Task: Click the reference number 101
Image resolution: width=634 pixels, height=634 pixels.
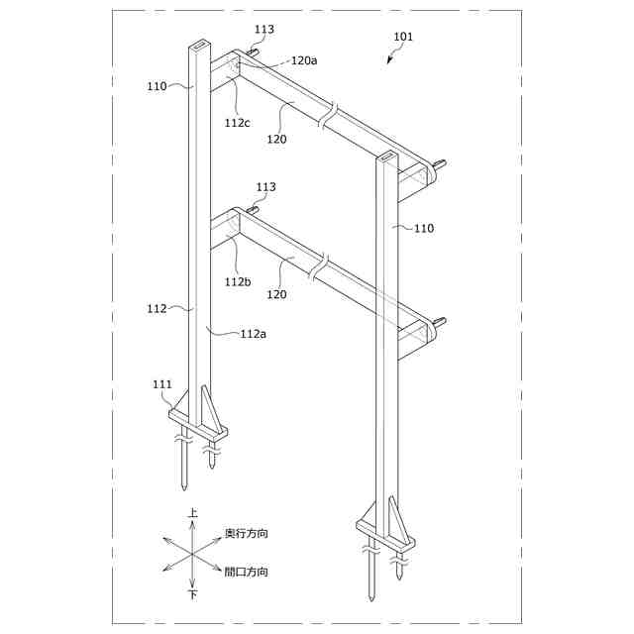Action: [403, 37]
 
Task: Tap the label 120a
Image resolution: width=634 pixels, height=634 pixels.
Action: [304, 59]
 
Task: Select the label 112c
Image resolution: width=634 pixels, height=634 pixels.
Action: [238, 123]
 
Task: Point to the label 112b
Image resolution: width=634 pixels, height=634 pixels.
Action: [238, 281]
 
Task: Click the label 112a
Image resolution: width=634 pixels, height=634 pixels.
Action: [254, 334]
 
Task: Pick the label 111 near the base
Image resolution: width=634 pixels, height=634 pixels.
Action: [162, 384]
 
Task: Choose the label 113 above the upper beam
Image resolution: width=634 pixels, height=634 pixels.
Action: [264, 30]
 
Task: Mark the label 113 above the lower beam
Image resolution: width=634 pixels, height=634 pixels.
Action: [265, 187]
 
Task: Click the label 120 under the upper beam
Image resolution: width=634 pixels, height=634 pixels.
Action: [277, 140]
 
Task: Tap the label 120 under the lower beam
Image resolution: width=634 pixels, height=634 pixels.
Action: [277, 294]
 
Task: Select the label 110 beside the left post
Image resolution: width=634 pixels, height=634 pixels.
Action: [158, 86]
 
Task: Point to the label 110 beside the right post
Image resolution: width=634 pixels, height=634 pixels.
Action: [423, 228]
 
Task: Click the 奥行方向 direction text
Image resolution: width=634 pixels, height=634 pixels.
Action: [247, 534]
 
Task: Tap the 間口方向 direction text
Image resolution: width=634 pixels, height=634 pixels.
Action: [247, 572]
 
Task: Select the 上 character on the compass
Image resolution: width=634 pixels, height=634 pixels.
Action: [193, 513]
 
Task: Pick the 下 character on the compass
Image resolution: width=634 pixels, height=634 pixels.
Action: [193, 595]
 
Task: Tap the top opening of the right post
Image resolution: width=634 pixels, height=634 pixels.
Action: [385, 157]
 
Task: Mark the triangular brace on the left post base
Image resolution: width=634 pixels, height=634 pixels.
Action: [206, 406]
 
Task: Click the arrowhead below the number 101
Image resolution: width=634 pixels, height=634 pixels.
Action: [389, 60]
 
